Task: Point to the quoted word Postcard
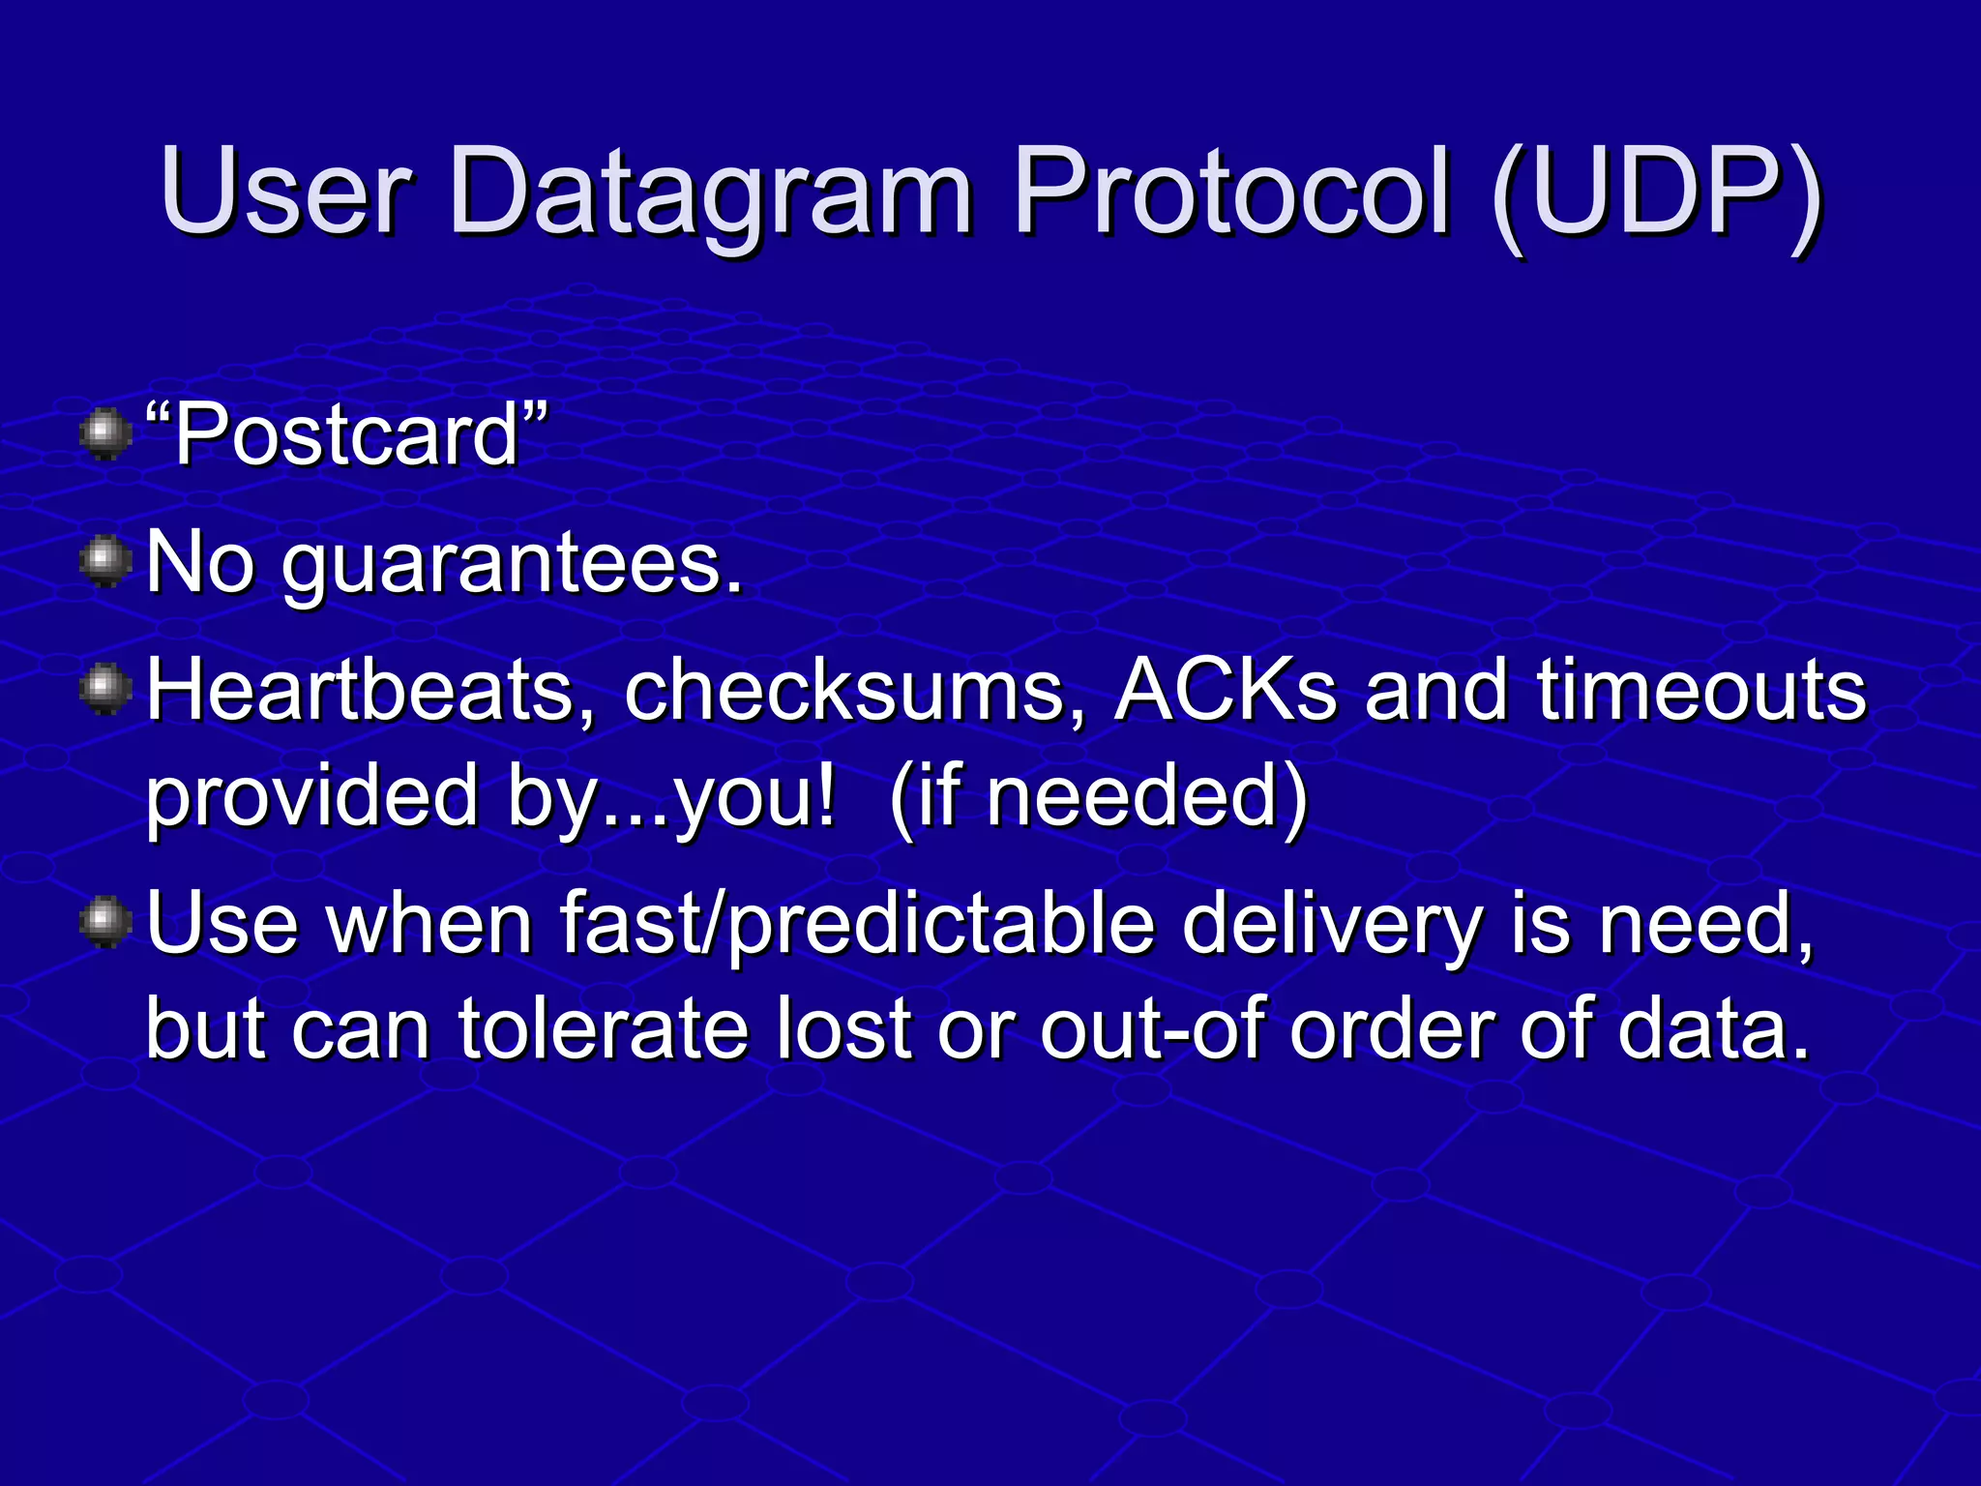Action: pos(347,435)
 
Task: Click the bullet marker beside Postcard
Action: pos(105,433)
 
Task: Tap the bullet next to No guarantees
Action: pos(105,562)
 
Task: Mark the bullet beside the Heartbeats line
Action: pos(105,691)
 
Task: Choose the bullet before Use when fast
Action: pos(105,922)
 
